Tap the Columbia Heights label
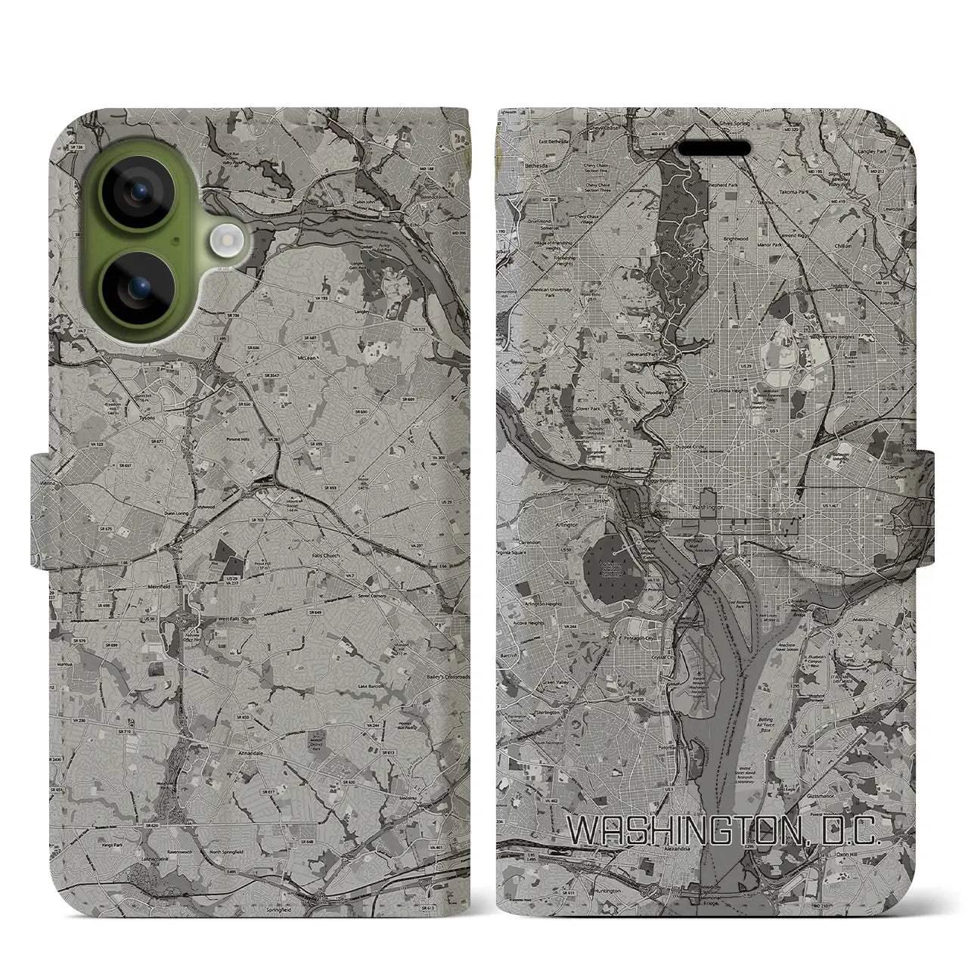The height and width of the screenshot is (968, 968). pyautogui.click(x=730, y=391)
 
